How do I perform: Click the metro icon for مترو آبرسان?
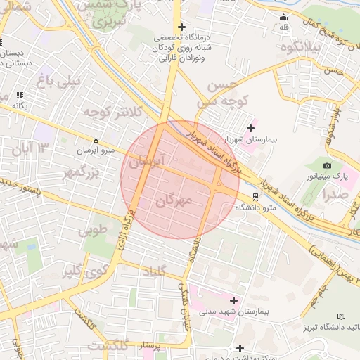coord(96,139)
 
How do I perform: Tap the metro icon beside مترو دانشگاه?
coord(254,197)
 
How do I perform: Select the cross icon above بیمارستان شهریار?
coord(250,127)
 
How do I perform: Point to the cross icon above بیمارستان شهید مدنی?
coord(234,300)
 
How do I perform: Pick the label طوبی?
coord(94,230)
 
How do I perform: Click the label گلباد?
coord(156,272)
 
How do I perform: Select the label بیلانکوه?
coord(300,47)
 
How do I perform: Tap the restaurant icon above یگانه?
coord(20,94)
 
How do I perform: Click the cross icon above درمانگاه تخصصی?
coord(181,27)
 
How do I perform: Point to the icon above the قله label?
coord(284,17)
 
